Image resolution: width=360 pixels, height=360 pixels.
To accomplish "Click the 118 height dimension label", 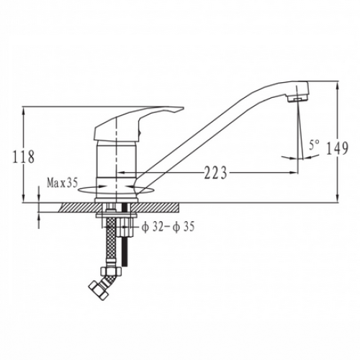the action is click(24, 157).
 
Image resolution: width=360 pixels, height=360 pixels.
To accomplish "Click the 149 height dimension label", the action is click(337, 148).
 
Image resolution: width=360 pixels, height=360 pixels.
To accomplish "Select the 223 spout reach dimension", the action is click(215, 172).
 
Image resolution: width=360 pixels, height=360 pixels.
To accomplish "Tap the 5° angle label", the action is click(314, 145).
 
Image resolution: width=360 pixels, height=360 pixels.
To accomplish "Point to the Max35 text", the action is click(63, 183).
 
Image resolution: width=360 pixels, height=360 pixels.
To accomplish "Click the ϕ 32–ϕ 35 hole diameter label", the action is click(168, 226).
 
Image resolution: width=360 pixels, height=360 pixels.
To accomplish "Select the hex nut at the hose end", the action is click(98, 291).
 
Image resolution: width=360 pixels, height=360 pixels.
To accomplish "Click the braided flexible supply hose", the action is click(111, 243).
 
